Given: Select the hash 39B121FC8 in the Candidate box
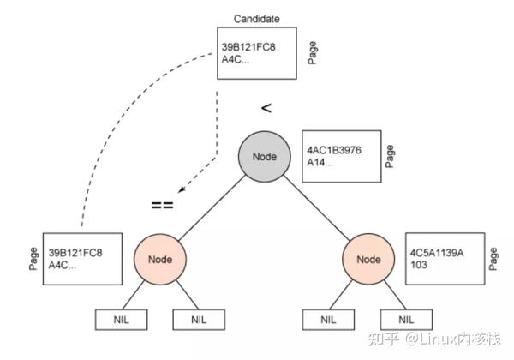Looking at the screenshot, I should click(248, 46).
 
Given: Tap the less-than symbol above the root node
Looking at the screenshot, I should click(266, 108).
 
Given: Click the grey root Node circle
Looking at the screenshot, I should click(265, 156).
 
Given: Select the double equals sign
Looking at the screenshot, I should click(163, 205).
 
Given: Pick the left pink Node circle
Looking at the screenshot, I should click(158, 258).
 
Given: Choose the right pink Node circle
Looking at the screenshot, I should click(368, 258).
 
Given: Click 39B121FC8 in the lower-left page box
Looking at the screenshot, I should click(75, 253).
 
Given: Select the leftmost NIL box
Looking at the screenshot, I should click(120, 320).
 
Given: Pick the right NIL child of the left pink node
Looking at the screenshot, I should click(198, 320).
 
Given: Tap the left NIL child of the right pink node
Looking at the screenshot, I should click(329, 320).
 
